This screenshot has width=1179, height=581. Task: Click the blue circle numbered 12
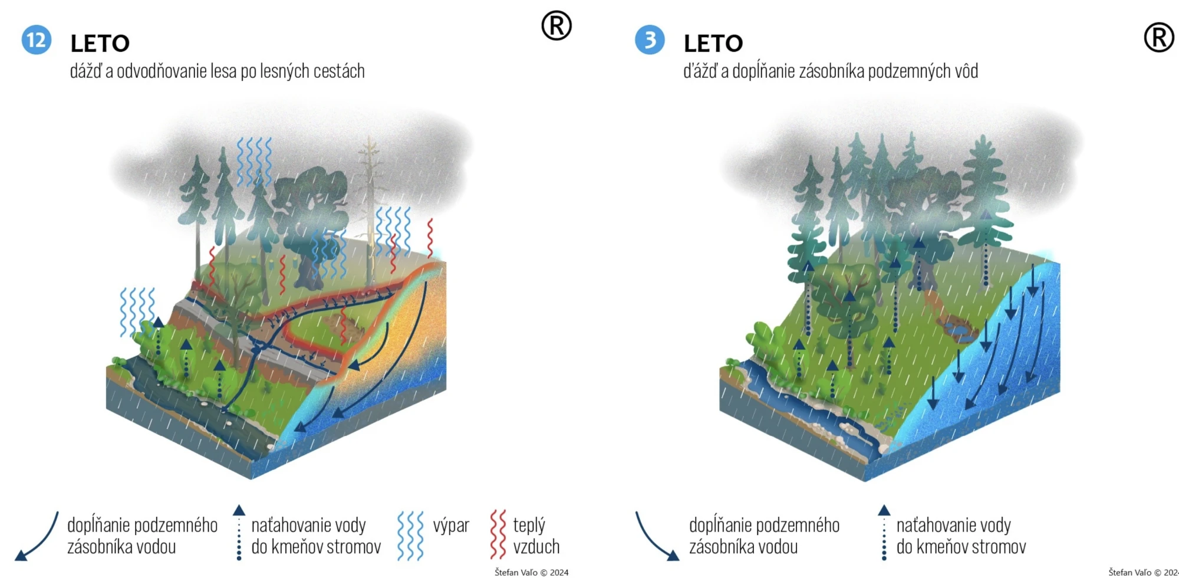pyautogui.click(x=37, y=40)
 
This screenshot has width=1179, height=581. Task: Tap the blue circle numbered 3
pyautogui.click(x=650, y=40)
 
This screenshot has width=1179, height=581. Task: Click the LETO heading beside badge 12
pyautogui.click(x=100, y=44)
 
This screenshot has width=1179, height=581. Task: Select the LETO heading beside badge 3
pyautogui.click(x=713, y=44)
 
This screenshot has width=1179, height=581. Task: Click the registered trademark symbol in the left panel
pyautogui.click(x=556, y=25)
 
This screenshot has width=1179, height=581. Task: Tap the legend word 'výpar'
pyautogui.click(x=451, y=526)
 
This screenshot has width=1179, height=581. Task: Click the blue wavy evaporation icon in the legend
pyautogui.click(x=410, y=536)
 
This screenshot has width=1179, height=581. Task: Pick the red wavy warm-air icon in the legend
pyautogui.click(x=498, y=534)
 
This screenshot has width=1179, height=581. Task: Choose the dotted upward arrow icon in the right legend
pyautogui.click(x=884, y=533)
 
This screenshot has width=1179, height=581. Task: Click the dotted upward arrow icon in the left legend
pyautogui.click(x=239, y=533)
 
